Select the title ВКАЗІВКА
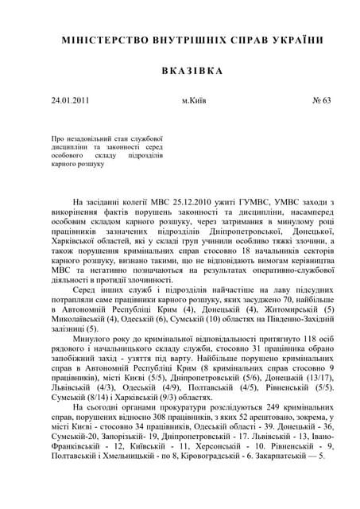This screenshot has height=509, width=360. tap(181, 70)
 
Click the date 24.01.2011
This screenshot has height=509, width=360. tap(70, 101)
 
